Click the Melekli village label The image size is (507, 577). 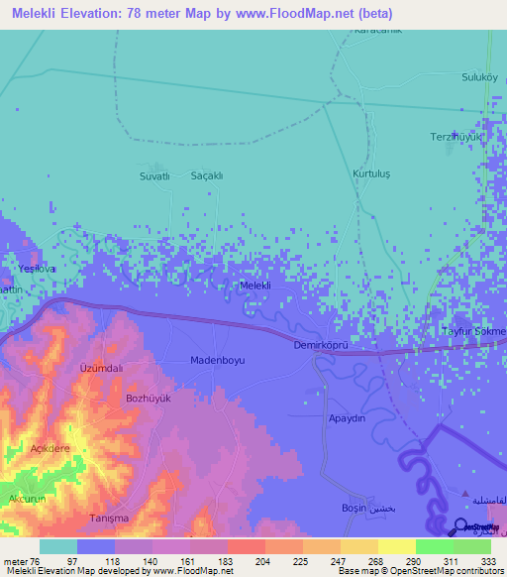(255, 286)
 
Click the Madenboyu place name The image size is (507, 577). (217, 361)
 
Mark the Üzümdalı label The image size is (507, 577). (100, 368)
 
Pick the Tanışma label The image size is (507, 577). (111, 519)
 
